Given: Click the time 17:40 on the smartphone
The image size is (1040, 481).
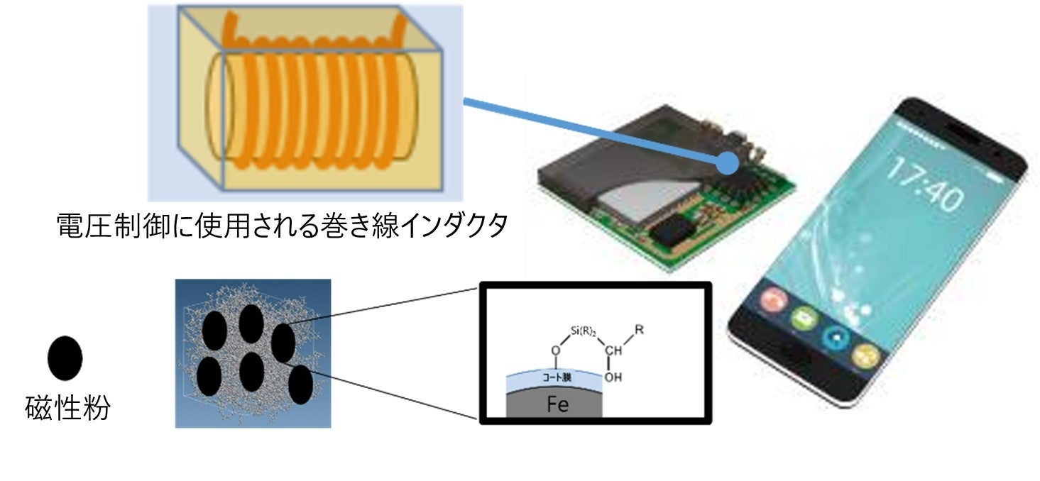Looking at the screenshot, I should pos(923,186).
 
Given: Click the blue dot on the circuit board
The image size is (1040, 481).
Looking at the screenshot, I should pos(726,162).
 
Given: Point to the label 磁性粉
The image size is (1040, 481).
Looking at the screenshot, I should pos(67,409).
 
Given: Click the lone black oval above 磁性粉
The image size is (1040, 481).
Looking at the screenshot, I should pos(65,358).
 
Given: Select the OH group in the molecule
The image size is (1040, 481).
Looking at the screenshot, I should pos(613,377).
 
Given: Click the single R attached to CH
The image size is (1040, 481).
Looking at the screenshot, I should pos(640,329).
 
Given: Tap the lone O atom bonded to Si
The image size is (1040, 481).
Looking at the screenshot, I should pos(557,350).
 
